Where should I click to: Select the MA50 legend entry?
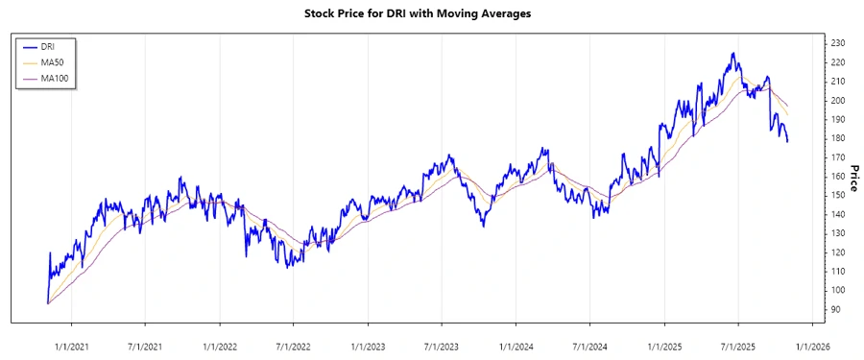click(52, 61)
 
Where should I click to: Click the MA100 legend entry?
click(54, 78)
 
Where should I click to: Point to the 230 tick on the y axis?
click(837, 43)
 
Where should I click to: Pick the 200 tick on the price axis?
click(837, 100)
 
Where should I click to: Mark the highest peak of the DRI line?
click(733, 54)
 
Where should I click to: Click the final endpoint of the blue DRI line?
click(787, 141)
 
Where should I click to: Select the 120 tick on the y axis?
click(837, 252)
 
